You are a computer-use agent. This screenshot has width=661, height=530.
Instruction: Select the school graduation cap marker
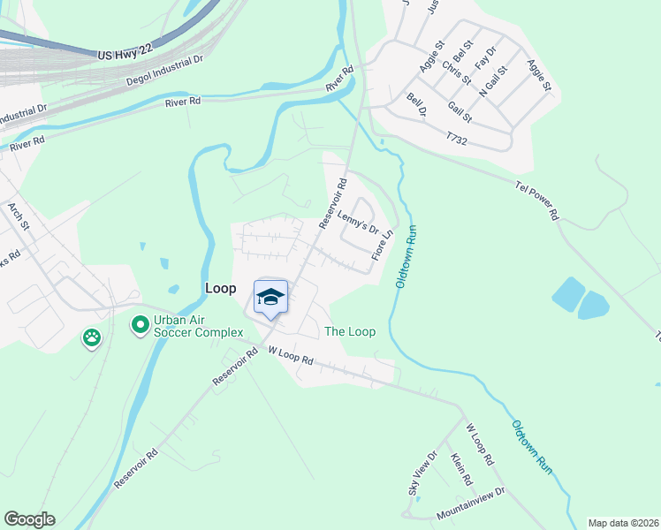click(271, 297)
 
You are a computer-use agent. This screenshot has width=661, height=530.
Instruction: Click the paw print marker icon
click(92, 337)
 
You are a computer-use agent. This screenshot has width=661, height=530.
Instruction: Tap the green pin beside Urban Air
click(140, 326)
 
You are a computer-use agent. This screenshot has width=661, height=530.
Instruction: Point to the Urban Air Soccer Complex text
click(198, 326)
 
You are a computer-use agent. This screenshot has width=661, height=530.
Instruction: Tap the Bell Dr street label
click(417, 106)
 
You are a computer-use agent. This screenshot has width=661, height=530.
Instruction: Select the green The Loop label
click(350, 332)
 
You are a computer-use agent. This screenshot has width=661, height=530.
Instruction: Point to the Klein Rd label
click(461, 469)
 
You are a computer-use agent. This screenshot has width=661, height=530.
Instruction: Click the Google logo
click(30, 519)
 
